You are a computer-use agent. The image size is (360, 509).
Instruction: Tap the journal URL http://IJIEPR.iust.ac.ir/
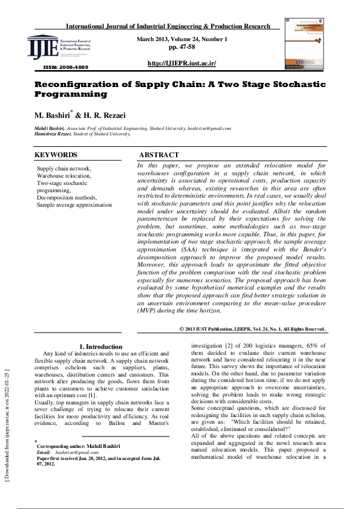click(x=182, y=63)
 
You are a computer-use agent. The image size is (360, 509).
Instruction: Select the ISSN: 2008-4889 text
click(x=66, y=67)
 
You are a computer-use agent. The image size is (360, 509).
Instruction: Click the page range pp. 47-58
click(x=182, y=47)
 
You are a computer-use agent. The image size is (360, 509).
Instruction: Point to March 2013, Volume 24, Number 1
click(x=182, y=39)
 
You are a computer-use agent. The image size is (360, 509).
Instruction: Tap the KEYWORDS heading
click(x=56, y=155)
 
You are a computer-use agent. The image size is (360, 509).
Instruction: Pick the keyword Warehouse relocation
click(x=64, y=176)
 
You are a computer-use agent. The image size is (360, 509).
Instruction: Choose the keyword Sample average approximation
click(x=74, y=205)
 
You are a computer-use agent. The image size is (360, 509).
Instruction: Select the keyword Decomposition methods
click(x=67, y=198)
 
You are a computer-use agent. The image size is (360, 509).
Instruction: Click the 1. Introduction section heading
click(x=101, y=346)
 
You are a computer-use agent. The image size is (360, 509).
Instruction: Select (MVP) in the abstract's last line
click(x=148, y=311)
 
